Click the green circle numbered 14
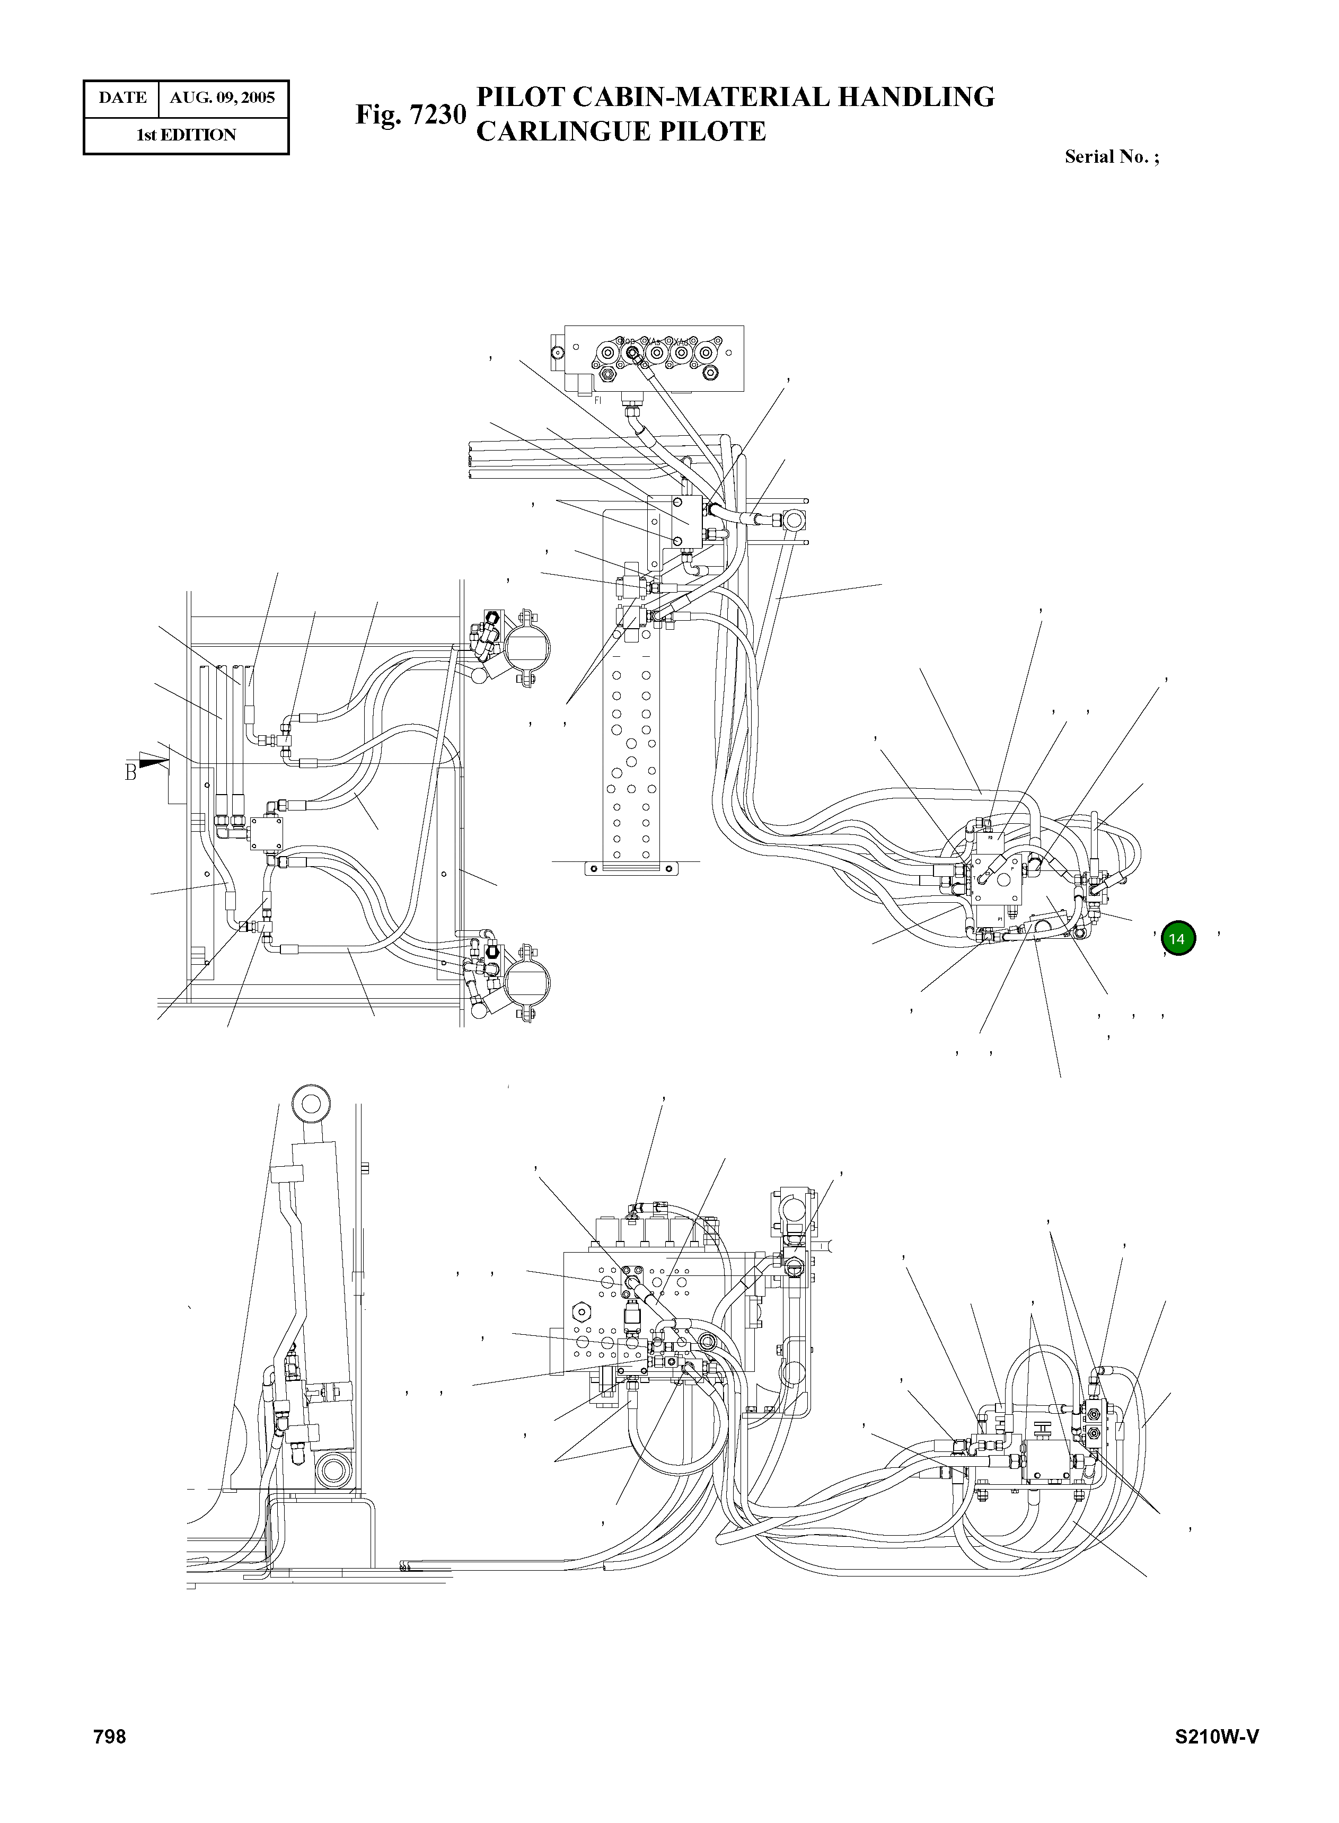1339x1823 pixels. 1178,939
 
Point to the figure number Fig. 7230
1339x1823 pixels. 411,115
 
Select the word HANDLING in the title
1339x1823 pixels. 916,97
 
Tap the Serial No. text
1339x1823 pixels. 1111,156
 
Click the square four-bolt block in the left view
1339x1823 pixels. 263,832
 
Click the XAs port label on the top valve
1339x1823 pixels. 653,341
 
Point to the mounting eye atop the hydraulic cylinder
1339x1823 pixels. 310,1103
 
